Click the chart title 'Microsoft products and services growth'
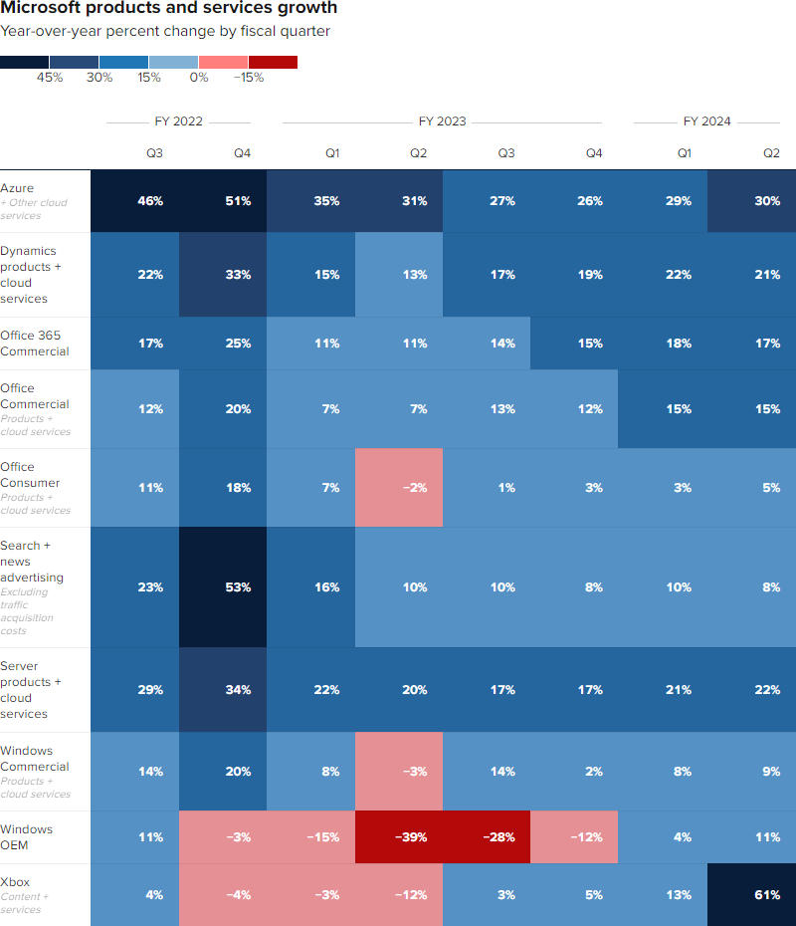pos(169,9)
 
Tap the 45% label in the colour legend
pos(50,78)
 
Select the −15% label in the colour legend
pos(249,78)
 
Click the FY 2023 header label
pos(442,121)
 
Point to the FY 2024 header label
pos(706,121)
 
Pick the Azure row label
pos(18,188)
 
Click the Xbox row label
pos(15,880)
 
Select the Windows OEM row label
pos(27,836)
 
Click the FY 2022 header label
pos(178,121)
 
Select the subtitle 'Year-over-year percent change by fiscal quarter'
pos(165,31)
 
